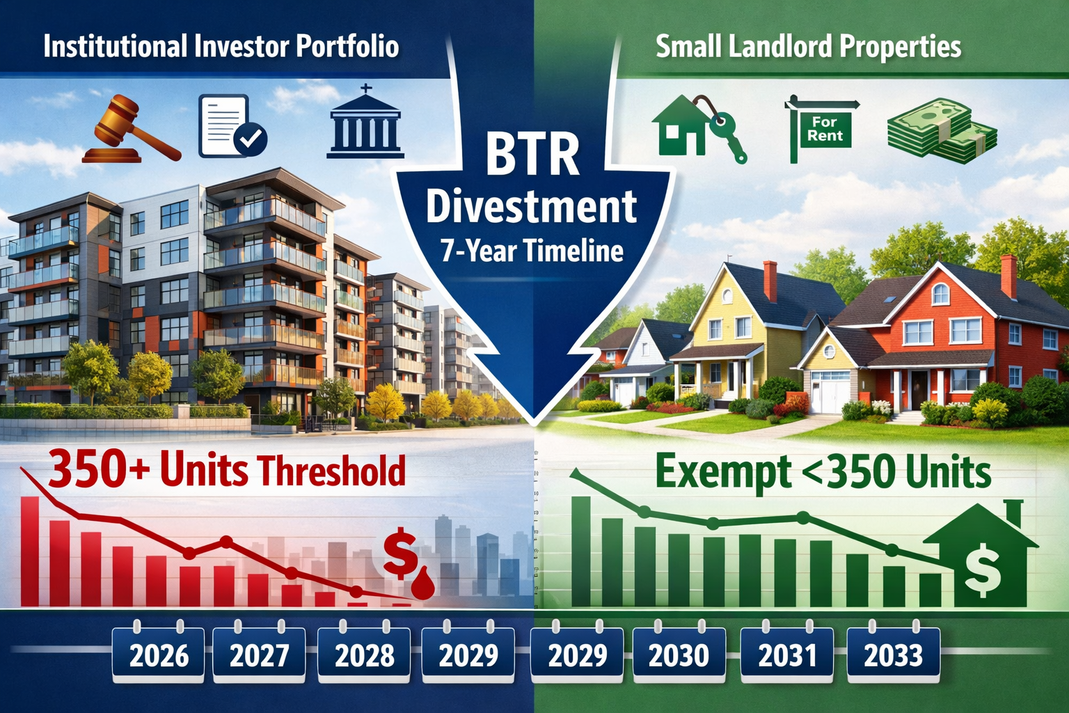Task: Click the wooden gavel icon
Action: [131, 129]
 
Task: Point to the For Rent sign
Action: [823, 129]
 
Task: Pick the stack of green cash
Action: [941, 130]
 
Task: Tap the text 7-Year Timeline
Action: [532, 251]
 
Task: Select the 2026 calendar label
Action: [159, 655]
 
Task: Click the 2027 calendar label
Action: [259, 655]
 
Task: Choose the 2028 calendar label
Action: [364, 655]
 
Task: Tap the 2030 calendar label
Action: [679, 655]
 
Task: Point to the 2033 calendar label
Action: [893, 655]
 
